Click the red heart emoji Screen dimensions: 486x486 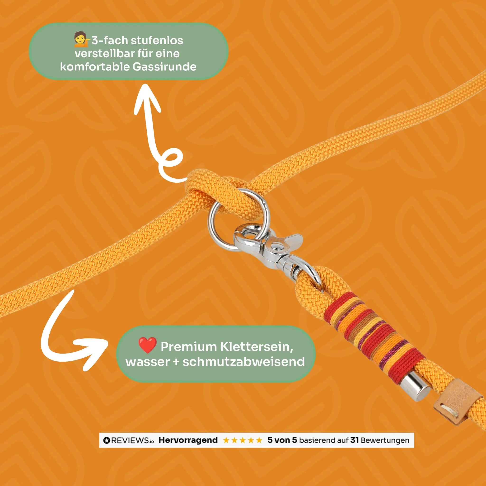point(148,345)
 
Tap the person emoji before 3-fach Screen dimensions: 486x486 point(82,40)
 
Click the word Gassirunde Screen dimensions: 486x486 point(164,67)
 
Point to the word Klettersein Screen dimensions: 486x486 point(257,347)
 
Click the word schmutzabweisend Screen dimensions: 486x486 point(243,362)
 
